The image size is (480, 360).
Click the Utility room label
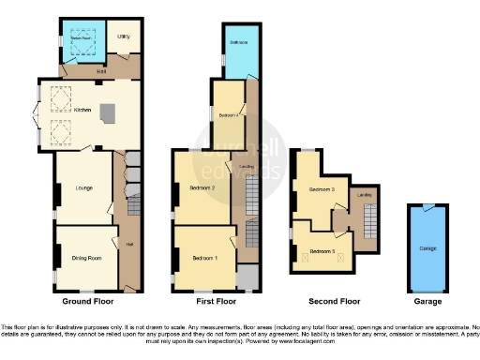[123, 37]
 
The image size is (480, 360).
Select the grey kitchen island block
[109, 114]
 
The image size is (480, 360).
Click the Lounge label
[83, 189]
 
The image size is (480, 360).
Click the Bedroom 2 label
[203, 188]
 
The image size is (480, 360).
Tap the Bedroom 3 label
[322, 190]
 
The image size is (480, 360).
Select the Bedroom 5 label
[322, 250]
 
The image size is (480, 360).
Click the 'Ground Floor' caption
[91, 302]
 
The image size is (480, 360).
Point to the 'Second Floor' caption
[335, 302]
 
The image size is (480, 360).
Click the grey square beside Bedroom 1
[247, 277]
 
